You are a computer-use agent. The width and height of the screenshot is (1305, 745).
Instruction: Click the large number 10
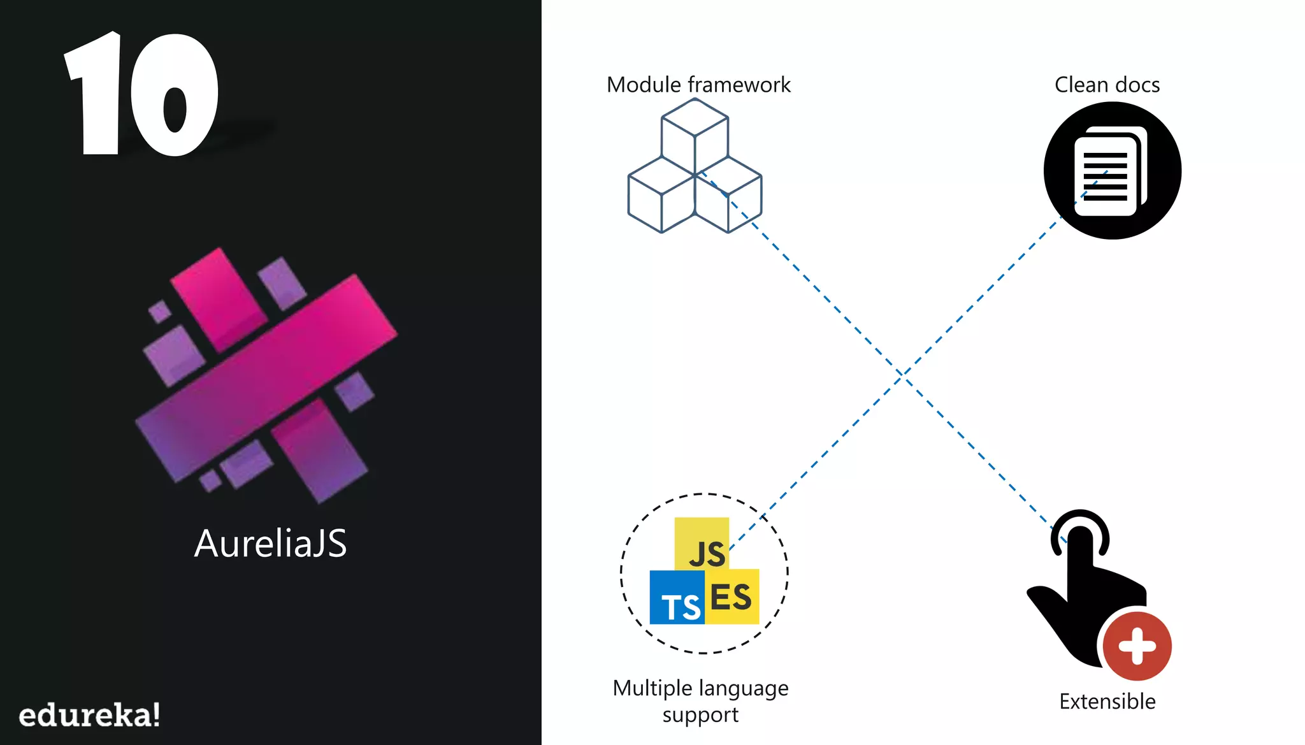coord(141,94)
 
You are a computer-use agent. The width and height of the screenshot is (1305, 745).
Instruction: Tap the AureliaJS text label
coord(270,544)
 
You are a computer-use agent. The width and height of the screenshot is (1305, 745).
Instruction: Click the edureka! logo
coord(89,715)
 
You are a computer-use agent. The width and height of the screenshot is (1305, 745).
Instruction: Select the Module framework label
coord(698,85)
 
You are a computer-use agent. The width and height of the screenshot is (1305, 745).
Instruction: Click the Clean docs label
coord(1107,85)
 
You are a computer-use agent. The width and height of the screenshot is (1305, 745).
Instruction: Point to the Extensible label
coord(1107,701)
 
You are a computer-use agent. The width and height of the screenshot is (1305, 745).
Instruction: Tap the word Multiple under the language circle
coord(652,688)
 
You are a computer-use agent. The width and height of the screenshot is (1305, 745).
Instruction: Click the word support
coord(700,715)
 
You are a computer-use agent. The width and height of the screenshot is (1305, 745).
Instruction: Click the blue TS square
coord(677,598)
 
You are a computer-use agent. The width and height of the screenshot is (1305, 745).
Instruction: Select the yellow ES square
coord(732,597)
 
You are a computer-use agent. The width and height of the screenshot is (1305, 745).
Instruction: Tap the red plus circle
coord(1137,646)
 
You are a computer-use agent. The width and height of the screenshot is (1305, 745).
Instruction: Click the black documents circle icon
coord(1112,171)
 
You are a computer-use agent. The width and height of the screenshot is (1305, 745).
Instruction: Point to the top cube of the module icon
coord(695,134)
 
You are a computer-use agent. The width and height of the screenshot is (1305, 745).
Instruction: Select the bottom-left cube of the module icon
coord(661,195)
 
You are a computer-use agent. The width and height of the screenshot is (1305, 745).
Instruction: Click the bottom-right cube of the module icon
coord(728,195)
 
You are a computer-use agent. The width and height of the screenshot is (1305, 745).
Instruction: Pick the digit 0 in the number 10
coord(175,96)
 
